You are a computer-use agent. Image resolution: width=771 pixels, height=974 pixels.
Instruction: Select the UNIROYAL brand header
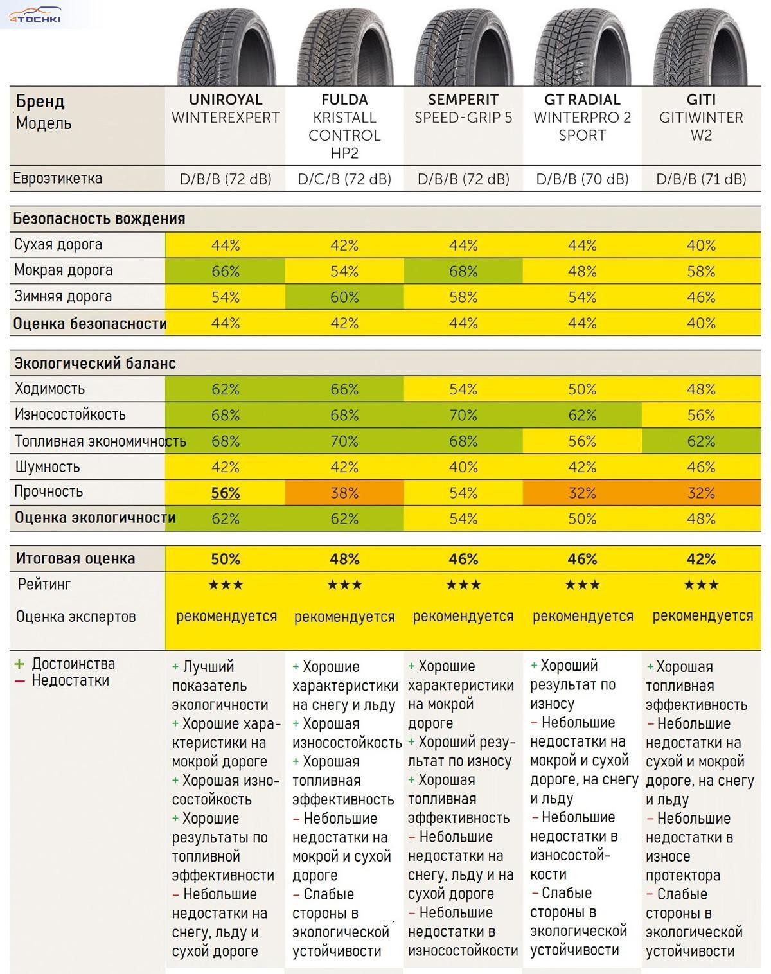point(226,100)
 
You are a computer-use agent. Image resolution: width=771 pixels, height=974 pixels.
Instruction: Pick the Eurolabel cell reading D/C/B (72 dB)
point(344,179)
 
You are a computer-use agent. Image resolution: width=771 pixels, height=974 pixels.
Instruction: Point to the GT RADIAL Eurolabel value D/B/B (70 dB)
point(582,179)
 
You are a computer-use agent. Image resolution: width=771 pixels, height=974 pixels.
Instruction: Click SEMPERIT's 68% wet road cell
point(463,271)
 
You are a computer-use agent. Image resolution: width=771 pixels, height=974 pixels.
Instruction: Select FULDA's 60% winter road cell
point(344,297)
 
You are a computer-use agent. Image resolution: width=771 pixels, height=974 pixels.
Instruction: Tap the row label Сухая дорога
point(58,245)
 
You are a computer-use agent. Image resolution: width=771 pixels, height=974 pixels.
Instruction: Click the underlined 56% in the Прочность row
point(226,493)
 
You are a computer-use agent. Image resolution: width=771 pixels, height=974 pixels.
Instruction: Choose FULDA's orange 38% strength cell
point(344,493)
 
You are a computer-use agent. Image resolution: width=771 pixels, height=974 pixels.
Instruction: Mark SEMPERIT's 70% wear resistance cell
point(463,415)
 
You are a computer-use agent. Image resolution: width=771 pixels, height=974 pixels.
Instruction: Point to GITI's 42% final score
point(701,559)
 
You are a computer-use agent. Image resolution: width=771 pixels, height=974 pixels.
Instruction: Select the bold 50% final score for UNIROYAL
point(226,559)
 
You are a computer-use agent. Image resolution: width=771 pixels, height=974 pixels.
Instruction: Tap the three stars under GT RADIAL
point(582,585)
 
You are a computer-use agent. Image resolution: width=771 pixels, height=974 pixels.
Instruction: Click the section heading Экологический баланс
point(94,364)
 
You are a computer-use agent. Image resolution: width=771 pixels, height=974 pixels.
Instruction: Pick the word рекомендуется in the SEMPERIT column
point(463,617)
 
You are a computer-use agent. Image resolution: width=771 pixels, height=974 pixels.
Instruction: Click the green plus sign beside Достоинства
point(19,664)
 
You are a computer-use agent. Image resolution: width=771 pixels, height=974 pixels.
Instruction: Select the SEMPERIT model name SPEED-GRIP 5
point(463,118)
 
